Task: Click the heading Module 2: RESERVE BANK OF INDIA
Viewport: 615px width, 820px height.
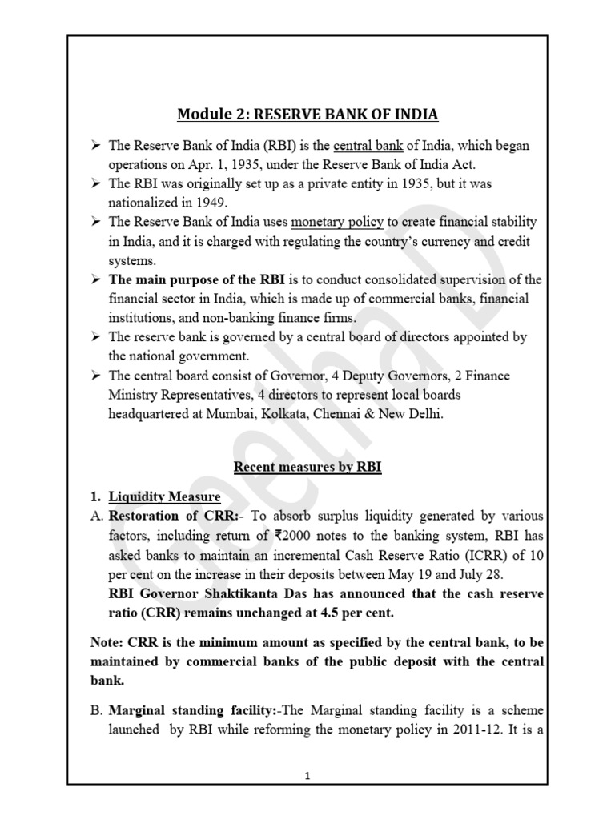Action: pyautogui.click(x=307, y=115)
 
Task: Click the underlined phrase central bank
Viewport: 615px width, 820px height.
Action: pyautogui.click(x=363, y=147)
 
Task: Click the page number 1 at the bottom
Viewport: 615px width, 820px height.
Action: pyautogui.click(x=308, y=798)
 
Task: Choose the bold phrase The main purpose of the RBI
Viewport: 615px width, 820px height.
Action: pyautogui.click(x=191, y=279)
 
